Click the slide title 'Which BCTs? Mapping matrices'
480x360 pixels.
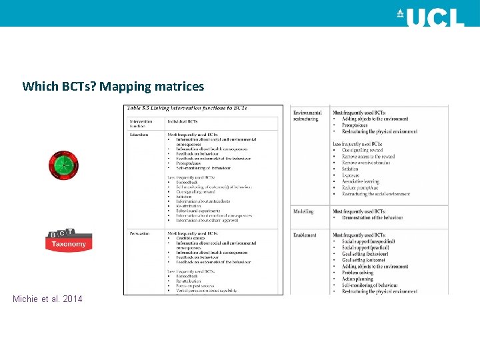coord(113,86)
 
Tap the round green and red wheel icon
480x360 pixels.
coord(64,165)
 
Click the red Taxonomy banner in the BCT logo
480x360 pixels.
coord(69,244)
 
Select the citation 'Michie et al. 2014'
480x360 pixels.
coord(47,299)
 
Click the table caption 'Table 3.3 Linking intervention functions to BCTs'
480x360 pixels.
coord(187,108)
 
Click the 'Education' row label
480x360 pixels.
coord(140,134)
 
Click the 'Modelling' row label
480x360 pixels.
coord(303,211)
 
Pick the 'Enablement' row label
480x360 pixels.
coord(305,235)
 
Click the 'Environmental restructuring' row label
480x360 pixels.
coord(307,116)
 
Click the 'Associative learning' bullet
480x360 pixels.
coord(361,181)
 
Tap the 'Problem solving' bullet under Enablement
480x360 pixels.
coord(358,273)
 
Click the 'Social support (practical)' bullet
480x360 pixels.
coord(367,248)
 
